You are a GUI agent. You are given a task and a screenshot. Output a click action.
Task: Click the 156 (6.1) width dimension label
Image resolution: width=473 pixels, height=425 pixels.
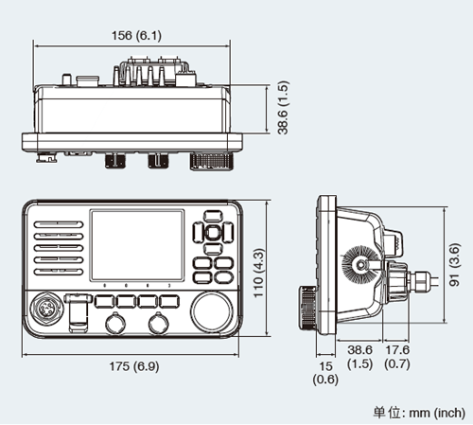(136, 35)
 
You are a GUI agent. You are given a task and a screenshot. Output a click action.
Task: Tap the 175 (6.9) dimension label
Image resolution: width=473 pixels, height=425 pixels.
(134, 366)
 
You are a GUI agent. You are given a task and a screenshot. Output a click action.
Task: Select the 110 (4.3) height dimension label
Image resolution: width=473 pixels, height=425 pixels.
(258, 273)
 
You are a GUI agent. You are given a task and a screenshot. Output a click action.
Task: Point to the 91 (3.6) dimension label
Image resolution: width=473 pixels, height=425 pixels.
(454, 264)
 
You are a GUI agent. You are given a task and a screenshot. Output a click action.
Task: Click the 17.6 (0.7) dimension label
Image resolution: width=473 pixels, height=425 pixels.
(397, 357)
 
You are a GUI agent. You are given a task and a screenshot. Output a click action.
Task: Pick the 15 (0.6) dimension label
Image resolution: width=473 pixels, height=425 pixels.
(325, 373)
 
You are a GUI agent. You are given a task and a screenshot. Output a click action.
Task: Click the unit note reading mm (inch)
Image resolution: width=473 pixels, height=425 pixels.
(437, 413)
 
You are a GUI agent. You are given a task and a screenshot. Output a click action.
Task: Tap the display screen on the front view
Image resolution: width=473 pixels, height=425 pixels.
(137, 245)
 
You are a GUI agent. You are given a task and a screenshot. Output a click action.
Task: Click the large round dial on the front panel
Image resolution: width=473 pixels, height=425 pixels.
(212, 311)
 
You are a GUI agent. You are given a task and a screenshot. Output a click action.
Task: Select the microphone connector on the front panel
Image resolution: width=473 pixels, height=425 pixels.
(45, 309)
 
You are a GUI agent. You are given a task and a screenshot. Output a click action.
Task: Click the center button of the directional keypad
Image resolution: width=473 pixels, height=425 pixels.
(213, 233)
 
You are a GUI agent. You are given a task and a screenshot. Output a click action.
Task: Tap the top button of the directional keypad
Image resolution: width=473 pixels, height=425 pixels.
(213, 216)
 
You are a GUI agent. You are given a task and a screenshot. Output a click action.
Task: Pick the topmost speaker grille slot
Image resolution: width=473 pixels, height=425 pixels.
(59, 224)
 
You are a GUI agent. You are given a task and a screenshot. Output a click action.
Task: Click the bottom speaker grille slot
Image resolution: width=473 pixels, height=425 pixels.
(59, 272)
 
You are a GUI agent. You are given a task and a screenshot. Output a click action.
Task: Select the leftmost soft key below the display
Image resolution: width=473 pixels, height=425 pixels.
(105, 301)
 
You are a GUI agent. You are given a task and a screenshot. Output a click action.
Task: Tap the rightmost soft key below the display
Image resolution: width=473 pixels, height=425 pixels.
(169, 301)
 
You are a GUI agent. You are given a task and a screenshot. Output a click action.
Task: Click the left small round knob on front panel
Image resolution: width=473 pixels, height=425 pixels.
(115, 324)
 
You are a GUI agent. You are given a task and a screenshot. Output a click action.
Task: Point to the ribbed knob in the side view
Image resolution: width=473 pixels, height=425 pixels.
(307, 308)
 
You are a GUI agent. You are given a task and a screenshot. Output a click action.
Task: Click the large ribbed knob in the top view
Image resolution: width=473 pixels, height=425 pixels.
(212, 161)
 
